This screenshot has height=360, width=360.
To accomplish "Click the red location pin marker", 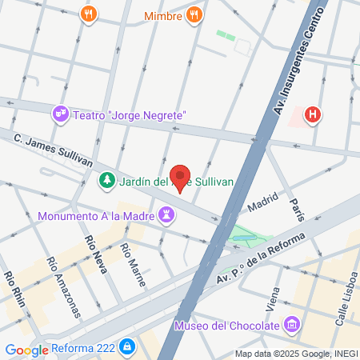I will (181, 175).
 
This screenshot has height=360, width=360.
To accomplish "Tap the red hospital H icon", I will (313, 115).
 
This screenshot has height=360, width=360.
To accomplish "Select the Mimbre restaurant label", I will (163, 15).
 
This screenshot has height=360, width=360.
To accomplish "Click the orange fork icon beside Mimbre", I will (194, 14).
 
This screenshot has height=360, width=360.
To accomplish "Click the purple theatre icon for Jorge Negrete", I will (61, 115).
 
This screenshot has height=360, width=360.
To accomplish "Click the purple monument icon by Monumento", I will (166, 214).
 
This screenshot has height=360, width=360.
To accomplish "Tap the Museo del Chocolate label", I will (226, 326).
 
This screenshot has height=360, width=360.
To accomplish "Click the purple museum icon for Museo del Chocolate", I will (292, 326).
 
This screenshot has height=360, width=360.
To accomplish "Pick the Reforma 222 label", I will (82, 349).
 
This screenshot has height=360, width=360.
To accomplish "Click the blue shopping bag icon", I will (126, 348).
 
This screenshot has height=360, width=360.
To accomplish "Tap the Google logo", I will (26, 350).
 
